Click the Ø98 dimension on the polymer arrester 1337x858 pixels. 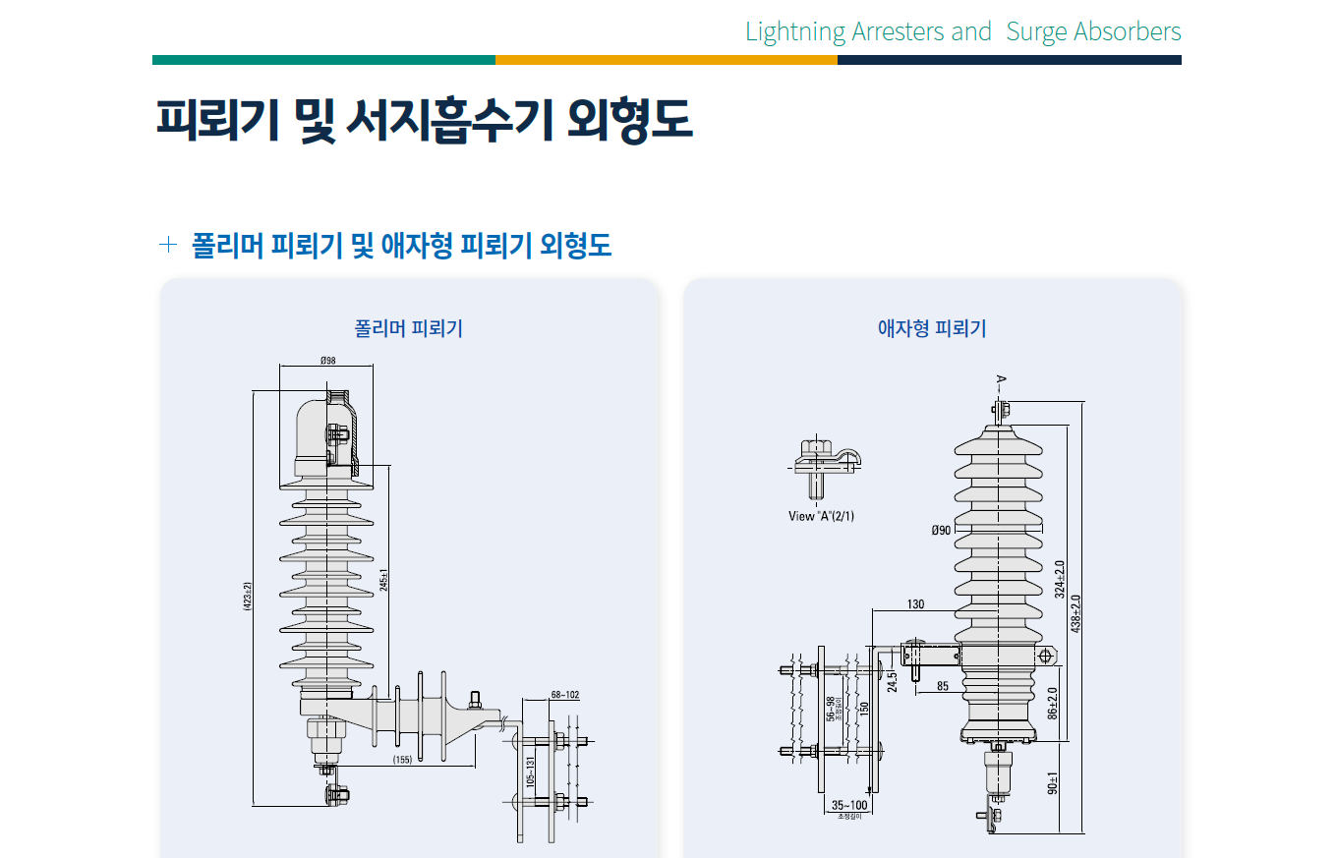(328, 361)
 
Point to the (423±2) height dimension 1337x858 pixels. (248, 597)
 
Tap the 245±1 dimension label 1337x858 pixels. (384, 580)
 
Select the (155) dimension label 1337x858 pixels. (402, 760)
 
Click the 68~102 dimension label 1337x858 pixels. (565, 695)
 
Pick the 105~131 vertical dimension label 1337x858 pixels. (532, 772)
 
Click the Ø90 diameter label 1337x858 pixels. (942, 531)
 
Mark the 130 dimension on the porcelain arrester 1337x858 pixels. (916, 604)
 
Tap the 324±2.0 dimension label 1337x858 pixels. (1060, 579)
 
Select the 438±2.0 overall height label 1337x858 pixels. (1076, 613)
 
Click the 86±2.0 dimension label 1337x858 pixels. (1053, 703)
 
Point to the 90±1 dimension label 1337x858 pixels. (1053, 782)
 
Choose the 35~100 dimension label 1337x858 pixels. (849, 805)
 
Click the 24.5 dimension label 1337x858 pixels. (893, 680)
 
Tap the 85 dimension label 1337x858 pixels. (943, 686)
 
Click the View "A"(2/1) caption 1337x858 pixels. (822, 516)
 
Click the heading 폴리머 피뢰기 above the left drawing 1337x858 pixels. (409, 328)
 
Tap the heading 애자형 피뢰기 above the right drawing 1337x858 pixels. (932, 328)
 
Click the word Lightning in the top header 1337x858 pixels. (795, 31)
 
